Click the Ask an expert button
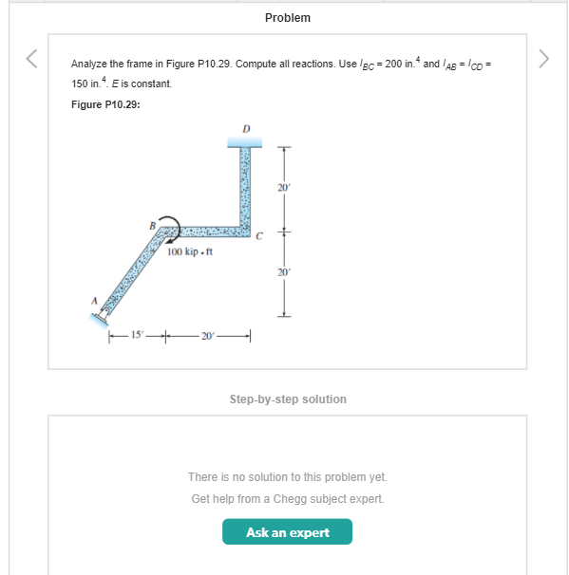[x=287, y=532]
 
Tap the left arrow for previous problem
[x=31, y=59]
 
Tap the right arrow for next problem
[x=542, y=59]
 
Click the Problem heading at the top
[x=287, y=18]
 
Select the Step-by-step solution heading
[x=288, y=399]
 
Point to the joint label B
[x=151, y=225]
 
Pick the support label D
[x=245, y=127]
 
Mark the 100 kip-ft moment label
[x=190, y=252]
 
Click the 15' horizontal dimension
[x=138, y=335]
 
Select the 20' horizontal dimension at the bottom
[x=209, y=335]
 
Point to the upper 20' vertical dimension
[x=281, y=188]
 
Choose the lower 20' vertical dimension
[x=281, y=272]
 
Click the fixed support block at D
[x=245, y=140]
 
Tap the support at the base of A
[x=103, y=317]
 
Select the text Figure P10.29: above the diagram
[x=105, y=104]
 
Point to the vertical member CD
[x=245, y=185]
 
